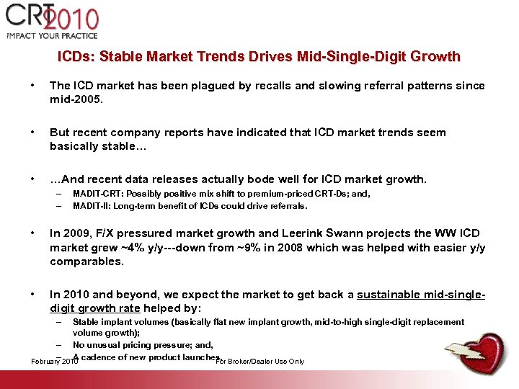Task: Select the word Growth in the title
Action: tap(435, 56)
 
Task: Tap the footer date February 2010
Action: tap(56, 362)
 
